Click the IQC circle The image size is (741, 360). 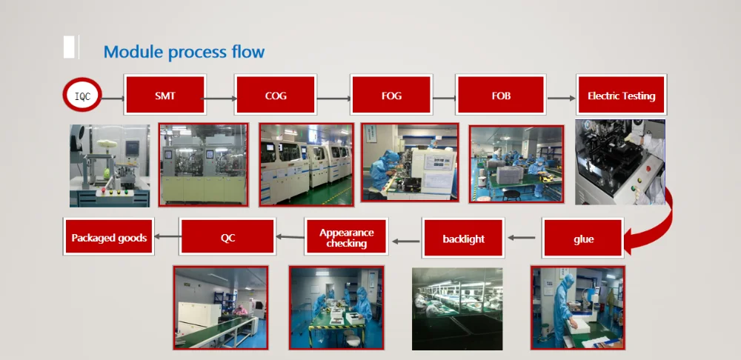pos(82,95)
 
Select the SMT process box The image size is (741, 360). pos(165,95)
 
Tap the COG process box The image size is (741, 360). pos(276,95)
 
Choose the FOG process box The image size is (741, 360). pos(391,95)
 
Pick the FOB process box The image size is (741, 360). pos(501,95)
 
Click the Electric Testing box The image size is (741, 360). pos(621,95)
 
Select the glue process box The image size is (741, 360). pos(583,239)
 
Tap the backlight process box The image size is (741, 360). pos(463,239)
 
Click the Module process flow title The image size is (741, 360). pos(184,52)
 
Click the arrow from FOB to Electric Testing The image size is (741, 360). pos(561,98)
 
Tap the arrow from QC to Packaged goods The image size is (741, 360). pos(167,237)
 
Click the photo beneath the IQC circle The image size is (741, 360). pos(109,165)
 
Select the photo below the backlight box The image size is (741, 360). pos(457,307)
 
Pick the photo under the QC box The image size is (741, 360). pos(220,307)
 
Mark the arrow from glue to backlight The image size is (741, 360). pos(523,239)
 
